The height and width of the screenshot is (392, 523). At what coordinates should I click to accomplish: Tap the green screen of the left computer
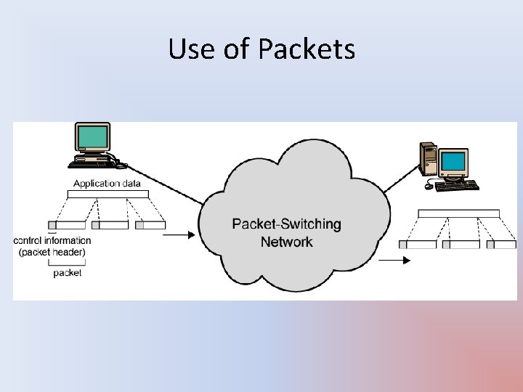(93, 136)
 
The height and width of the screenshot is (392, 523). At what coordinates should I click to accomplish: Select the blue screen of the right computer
(453, 161)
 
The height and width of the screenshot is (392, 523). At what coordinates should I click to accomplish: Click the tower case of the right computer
(428, 158)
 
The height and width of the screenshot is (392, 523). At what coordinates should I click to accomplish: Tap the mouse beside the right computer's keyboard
(429, 187)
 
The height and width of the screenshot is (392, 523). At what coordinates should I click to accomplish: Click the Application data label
(107, 183)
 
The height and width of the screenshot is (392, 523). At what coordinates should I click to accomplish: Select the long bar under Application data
(108, 194)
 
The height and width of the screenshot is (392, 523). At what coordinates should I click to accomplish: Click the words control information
(53, 240)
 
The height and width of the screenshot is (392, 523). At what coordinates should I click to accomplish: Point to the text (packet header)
(52, 251)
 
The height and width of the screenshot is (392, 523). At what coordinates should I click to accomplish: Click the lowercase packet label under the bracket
(68, 273)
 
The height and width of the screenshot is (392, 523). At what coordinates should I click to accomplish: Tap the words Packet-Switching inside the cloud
(286, 224)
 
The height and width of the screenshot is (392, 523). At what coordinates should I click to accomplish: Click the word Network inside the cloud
(286, 241)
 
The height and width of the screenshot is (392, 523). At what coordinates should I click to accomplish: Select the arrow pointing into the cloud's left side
(179, 234)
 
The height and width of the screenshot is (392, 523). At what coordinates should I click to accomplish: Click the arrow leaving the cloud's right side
(394, 260)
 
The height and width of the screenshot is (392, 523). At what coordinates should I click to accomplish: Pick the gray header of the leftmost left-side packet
(52, 225)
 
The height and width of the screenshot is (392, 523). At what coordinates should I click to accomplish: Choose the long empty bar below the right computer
(458, 213)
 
